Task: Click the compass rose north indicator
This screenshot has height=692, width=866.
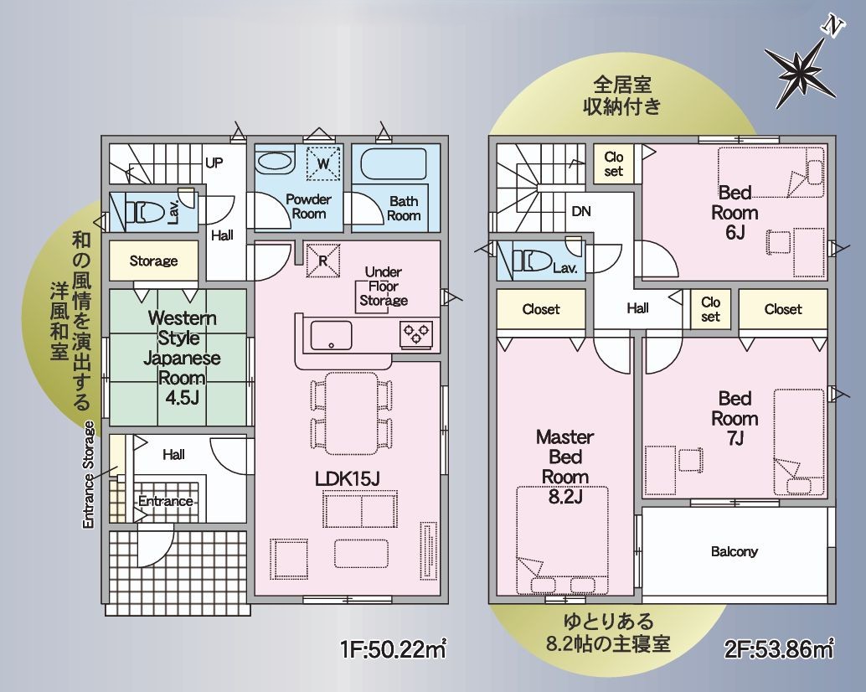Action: pyautogui.click(x=802, y=68)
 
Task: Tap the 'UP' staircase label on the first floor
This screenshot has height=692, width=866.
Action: pyautogui.click(x=214, y=163)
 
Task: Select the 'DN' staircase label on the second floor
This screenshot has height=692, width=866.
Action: pyautogui.click(x=581, y=211)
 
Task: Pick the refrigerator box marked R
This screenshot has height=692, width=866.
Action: pyautogui.click(x=322, y=259)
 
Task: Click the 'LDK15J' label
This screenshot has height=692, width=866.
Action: pyautogui.click(x=348, y=478)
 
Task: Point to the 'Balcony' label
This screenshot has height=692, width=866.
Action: pyautogui.click(x=734, y=551)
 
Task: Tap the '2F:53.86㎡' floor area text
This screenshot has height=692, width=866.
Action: pyautogui.click(x=778, y=650)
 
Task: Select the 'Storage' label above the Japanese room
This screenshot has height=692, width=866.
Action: pyautogui.click(x=153, y=261)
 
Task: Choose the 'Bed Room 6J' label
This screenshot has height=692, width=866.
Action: pyautogui.click(x=735, y=213)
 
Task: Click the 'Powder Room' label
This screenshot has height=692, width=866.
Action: pyautogui.click(x=308, y=207)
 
